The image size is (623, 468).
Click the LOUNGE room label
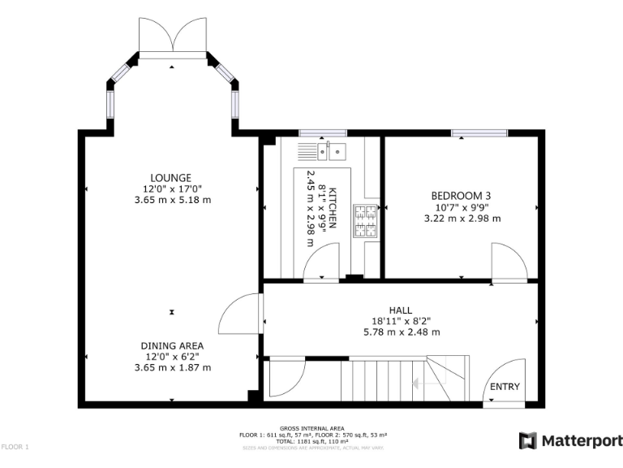(x=170, y=178)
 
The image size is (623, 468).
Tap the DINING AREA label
(x=172, y=345)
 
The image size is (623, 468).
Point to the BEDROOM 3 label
(x=461, y=196)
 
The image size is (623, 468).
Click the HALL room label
(x=400, y=310)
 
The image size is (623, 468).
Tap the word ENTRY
(x=505, y=387)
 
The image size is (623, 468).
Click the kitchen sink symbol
(x=322, y=150)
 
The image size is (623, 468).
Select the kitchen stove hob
(x=365, y=221)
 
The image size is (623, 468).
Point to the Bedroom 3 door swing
(x=509, y=262)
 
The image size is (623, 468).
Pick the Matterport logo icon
(x=527, y=440)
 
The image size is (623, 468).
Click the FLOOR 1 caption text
(x=15, y=447)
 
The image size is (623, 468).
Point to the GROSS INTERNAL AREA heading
(x=311, y=428)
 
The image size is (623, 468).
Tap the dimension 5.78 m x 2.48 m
(x=400, y=331)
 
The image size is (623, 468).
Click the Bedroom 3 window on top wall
(x=479, y=132)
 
